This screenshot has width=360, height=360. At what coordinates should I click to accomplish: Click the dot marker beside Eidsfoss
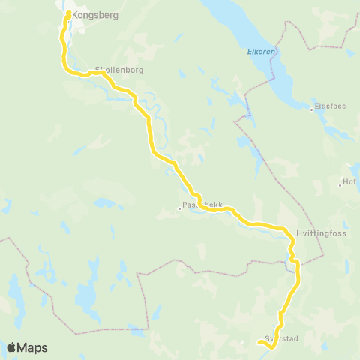coord(312,109)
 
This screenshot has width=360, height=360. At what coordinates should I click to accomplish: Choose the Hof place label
coord(350,182)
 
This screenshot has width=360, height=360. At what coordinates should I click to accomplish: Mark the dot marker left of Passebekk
coord(180,208)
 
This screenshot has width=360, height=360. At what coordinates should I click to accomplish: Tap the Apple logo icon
coord(12,347)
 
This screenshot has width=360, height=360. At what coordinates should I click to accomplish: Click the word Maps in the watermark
coord(33,347)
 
